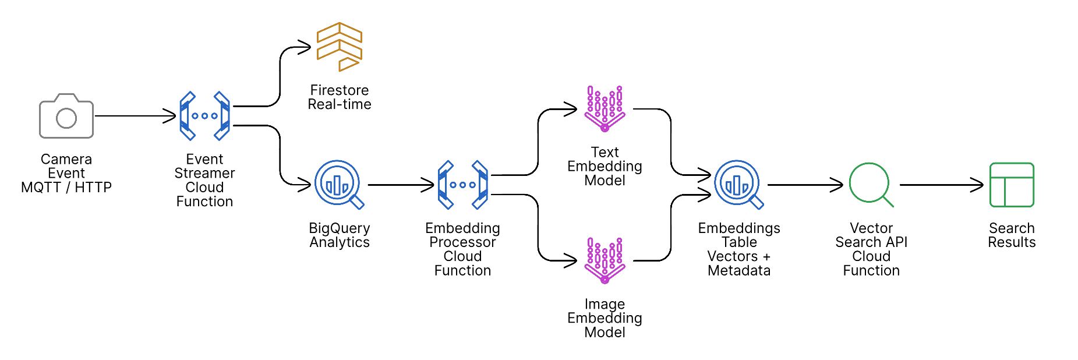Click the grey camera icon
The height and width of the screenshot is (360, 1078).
click(x=66, y=117)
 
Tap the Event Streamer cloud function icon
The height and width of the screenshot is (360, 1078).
click(x=204, y=116)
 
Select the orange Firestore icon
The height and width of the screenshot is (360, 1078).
click(x=339, y=47)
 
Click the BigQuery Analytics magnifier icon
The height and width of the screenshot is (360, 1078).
click(x=338, y=184)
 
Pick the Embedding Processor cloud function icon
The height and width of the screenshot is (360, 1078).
click(x=462, y=185)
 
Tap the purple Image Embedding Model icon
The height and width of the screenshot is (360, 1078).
click(x=605, y=260)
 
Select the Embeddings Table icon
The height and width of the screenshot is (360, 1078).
click(x=738, y=184)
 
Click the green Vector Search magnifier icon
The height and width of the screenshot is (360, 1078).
click(x=870, y=184)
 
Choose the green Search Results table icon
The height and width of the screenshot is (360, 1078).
click(x=1012, y=185)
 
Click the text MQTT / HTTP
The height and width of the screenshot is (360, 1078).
click(x=66, y=188)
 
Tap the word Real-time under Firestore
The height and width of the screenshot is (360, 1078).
click(x=340, y=104)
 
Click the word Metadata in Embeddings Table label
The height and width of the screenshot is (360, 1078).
click(x=739, y=270)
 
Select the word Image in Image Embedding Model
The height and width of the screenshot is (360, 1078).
click(x=605, y=304)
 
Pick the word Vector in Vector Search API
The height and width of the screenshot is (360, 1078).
click(x=871, y=228)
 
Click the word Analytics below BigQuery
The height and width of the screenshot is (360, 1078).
click(x=340, y=242)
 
